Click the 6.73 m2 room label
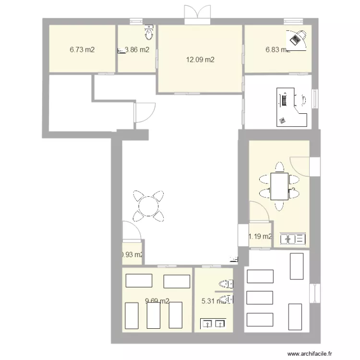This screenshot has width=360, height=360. click(82, 49)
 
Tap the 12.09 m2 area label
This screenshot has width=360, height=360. click(200, 60)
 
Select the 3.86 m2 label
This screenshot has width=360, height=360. click(136, 49)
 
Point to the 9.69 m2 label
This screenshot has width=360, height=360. click(157, 301)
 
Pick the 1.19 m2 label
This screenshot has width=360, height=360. click(260, 236)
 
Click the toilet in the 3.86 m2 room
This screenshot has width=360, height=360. click(149, 33)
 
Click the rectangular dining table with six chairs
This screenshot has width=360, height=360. click(279, 187)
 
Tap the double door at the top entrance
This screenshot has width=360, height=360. click(197, 13)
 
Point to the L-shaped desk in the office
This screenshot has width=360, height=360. click(291, 108)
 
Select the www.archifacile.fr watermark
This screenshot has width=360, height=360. click(310, 354)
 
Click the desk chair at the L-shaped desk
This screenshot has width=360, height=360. click(304, 100)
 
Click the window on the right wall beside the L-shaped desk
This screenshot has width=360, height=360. click(315, 99)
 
